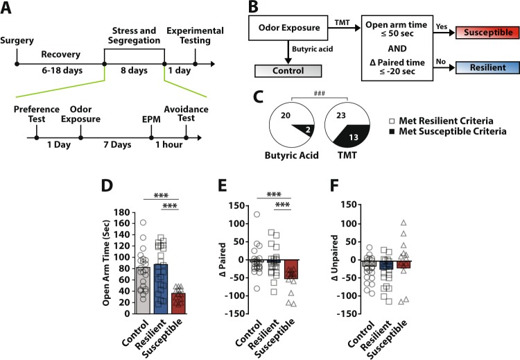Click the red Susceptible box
pos(478,33)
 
